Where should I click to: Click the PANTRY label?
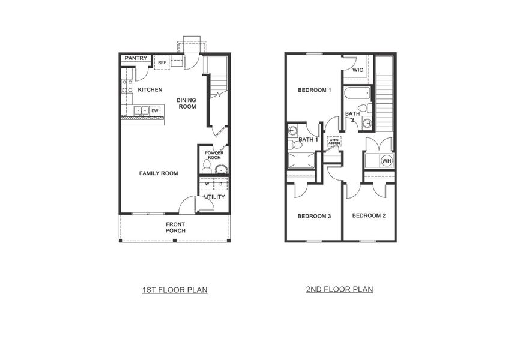[x=136, y=58]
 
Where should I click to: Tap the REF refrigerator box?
[x=162, y=62]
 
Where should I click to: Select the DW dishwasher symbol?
[x=155, y=111]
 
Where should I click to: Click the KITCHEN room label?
[x=150, y=90]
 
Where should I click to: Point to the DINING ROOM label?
[x=187, y=103]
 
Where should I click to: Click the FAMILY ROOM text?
[x=159, y=173]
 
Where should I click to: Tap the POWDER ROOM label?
[x=214, y=155]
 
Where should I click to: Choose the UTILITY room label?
[x=214, y=197]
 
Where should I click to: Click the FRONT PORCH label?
[x=175, y=227]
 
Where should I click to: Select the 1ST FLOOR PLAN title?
[x=175, y=290]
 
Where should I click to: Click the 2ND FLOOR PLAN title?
[x=339, y=289]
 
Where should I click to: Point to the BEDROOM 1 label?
[x=315, y=91]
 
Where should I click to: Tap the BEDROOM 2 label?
[x=369, y=215]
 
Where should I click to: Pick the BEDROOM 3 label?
[x=315, y=216]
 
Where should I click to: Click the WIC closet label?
[x=358, y=70]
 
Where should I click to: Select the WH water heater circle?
[x=386, y=161]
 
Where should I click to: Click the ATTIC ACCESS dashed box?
[x=334, y=142]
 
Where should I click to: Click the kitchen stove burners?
[x=127, y=86]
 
